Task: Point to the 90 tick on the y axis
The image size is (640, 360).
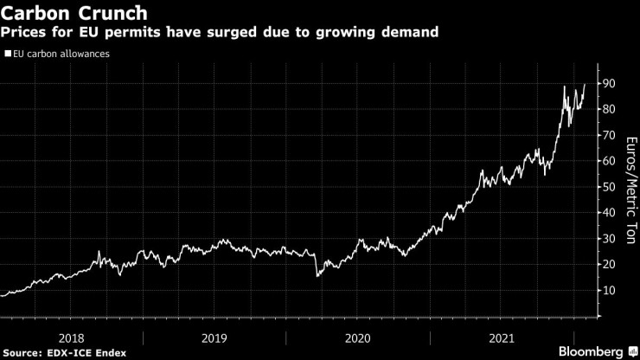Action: (610, 83)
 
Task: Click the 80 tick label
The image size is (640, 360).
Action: (610, 109)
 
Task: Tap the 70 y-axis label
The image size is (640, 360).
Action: (610, 135)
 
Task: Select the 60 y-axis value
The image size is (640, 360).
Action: (610, 161)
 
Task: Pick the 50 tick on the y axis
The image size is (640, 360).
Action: (610, 187)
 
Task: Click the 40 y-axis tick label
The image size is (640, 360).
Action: (610, 213)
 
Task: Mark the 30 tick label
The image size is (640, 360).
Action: (610, 239)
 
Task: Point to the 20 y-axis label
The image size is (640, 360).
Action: (610, 265)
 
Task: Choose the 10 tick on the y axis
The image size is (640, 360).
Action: (610, 291)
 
